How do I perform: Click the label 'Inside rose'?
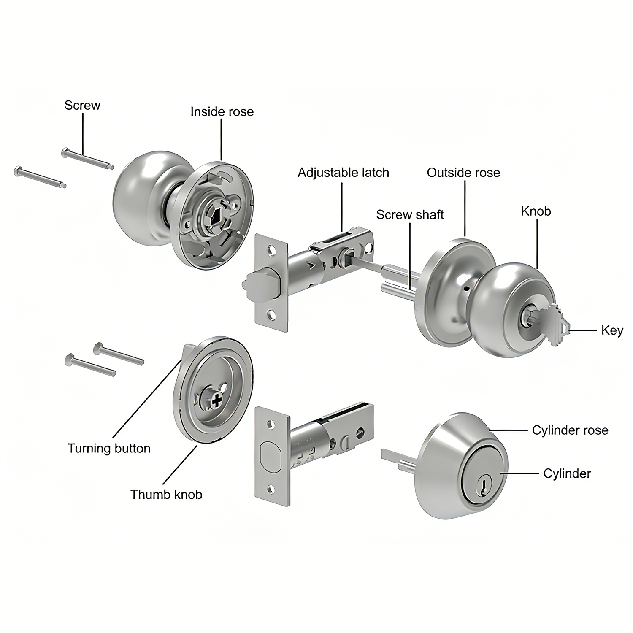tap(222, 111)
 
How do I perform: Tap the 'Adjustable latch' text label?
tap(343, 172)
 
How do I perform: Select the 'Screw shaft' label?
tap(410, 214)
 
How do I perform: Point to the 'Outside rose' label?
tap(463, 172)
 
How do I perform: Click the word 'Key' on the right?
tap(612, 330)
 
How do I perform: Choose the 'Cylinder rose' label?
tap(570, 430)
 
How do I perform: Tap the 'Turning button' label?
tap(109, 448)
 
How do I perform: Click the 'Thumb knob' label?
tap(166, 494)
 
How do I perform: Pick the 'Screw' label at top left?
tap(82, 105)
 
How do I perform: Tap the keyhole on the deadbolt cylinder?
tap(481, 488)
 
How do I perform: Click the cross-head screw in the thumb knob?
tap(216, 400)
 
